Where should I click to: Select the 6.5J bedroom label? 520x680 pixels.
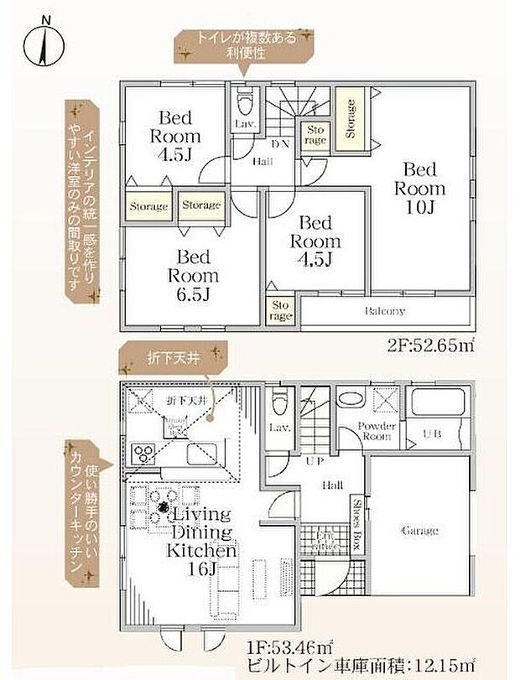(192, 274)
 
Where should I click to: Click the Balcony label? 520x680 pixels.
(385, 311)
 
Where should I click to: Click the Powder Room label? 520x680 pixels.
(375, 430)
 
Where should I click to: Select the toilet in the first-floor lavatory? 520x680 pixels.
(279, 402)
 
